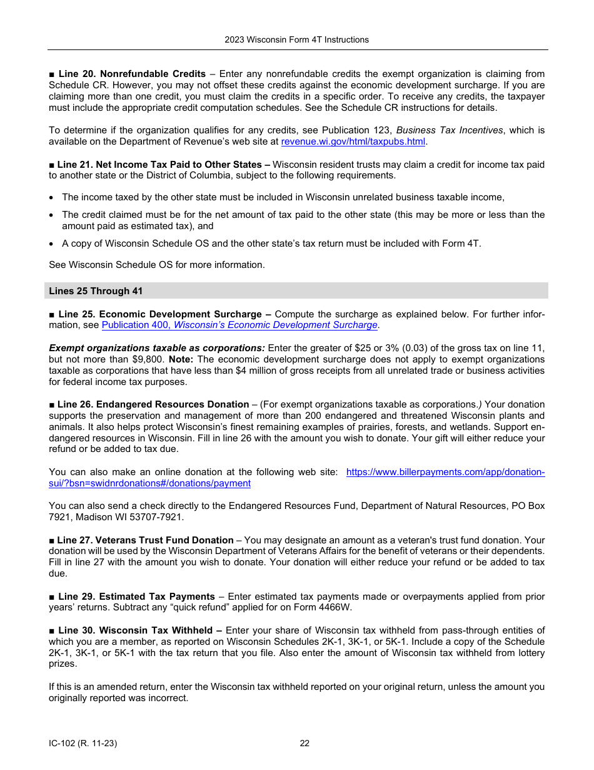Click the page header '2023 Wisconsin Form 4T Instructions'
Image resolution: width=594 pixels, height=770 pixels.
296,39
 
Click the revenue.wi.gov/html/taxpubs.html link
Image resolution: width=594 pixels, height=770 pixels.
353,141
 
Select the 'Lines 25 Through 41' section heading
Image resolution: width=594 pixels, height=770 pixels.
90,291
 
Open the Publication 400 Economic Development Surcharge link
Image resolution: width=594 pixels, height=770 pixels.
239,325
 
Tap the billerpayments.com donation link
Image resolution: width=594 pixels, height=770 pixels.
445,472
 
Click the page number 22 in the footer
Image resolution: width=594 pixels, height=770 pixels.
305,744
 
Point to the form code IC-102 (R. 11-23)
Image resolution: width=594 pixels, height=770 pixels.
83,744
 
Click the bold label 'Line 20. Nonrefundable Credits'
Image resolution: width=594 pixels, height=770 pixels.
132,74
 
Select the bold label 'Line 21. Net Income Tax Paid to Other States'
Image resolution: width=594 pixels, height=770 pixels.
159,165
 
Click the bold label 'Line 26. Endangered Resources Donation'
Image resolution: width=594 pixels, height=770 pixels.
153,404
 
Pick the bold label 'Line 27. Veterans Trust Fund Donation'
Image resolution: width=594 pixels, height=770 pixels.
145,540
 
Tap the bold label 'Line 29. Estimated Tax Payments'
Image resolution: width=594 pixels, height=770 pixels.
136,597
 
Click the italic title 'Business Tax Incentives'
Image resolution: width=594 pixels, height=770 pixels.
450,130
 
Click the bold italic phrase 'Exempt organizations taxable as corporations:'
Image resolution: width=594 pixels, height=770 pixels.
157,348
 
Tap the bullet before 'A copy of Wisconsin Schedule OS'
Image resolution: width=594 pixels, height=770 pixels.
53,243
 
